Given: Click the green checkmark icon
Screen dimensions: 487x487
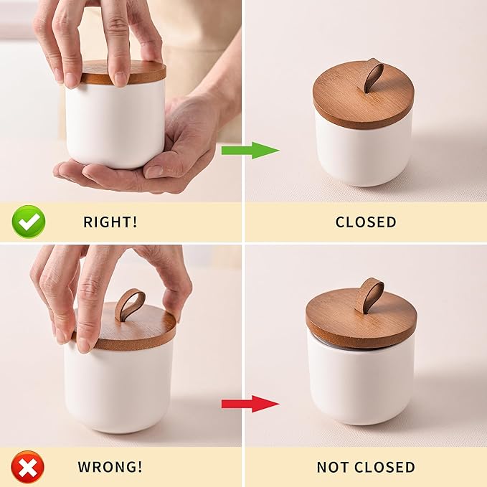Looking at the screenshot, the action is pyautogui.click(x=29, y=222).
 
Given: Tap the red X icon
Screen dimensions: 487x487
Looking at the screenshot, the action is pyautogui.click(x=28, y=466).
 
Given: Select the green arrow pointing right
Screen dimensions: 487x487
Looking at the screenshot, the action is pyautogui.click(x=250, y=151).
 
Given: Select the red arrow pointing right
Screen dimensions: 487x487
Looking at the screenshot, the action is pyautogui.click(x=250, y=404).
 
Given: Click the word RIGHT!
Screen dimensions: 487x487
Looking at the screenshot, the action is pyautogui.click(x=110, y=222).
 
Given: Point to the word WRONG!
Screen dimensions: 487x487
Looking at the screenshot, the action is pyautogui.click(x=110, y=466).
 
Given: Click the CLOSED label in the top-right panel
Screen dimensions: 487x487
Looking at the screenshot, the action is pyautogui.click(x=366, y=222).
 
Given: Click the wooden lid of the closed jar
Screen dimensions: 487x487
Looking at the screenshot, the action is pyautogui.click(x=363, y=100).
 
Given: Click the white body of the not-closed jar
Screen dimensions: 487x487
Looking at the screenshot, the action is pyautogui.click(x=361, y=385).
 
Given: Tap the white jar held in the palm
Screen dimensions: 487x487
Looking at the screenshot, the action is pyautogui.click(x=115, y=124).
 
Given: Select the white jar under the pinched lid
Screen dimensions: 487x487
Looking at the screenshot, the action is pyautogui.click(x=118, y=388).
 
